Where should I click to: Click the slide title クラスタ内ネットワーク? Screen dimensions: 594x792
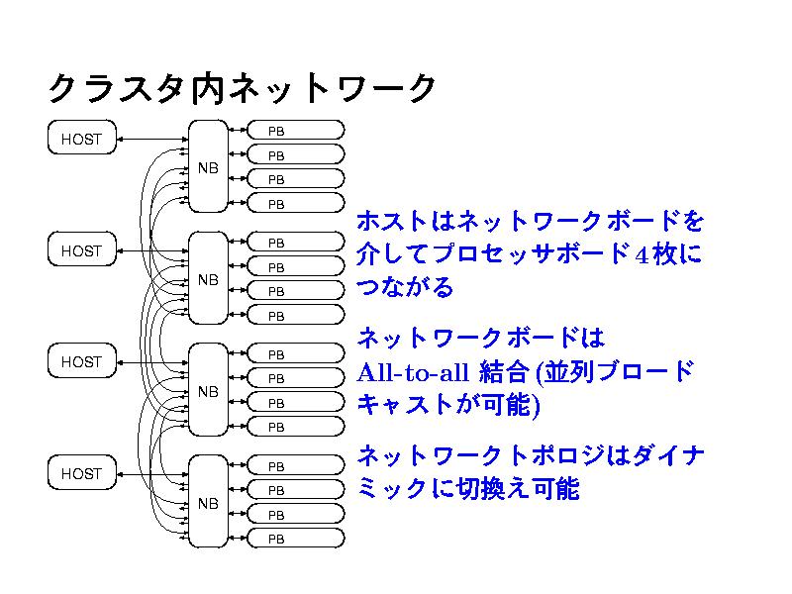pyautogui.click(x=243, y=89)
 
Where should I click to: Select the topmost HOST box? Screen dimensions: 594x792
pyautogui.click(x=81, y=140)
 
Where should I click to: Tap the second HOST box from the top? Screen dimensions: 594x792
pyautogui.click(x=81, y=251)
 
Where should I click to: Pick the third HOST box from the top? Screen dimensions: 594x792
pyautogui.click(x=81, y=362)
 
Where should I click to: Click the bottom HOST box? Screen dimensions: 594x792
pyautogui.click(x=81, y=474)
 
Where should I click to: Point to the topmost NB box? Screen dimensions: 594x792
pyautogui.click(x=208, y=167)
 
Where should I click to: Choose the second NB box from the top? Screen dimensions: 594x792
pyautogui.click(x=208, y=279)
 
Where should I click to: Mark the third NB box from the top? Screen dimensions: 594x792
pyautogui.click(x=208, y=391)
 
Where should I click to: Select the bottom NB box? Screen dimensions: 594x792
pyautogui.click(x=208, y=503)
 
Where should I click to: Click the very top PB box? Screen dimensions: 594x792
pyautogui.click(x=295, y=131)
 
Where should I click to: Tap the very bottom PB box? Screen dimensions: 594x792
pyautogui.click(x=295, y=540)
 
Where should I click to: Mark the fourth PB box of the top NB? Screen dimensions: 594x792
pyautogui.click(x=295, y=204)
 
